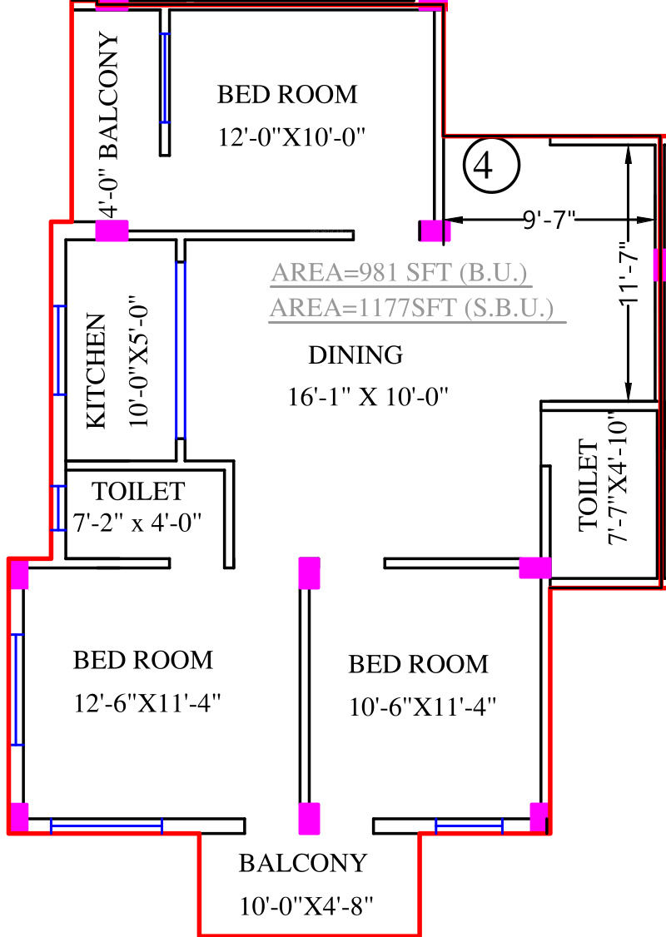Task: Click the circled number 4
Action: click(491, 166)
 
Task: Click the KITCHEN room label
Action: click(97, 370)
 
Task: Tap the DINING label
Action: click(355, 355)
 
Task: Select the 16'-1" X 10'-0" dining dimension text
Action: click(368, 396)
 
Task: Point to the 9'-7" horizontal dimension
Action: click(549, 220)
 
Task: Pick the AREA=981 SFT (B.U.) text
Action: click(399, 272)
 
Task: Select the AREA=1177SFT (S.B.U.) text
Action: click(412, 308)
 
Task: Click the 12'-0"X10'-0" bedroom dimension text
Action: click(291, 137)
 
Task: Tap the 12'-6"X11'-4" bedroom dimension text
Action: click(147, 702)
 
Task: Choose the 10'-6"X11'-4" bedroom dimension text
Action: click(423, 707)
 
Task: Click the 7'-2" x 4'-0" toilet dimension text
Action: click(137, 523)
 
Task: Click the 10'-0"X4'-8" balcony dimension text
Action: click(306, 906)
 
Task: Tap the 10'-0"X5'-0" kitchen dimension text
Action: click(138, 361)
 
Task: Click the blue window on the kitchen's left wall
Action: click(60, 350)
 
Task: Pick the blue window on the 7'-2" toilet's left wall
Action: click(57, 508)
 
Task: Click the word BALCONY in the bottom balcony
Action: click(303, 863)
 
